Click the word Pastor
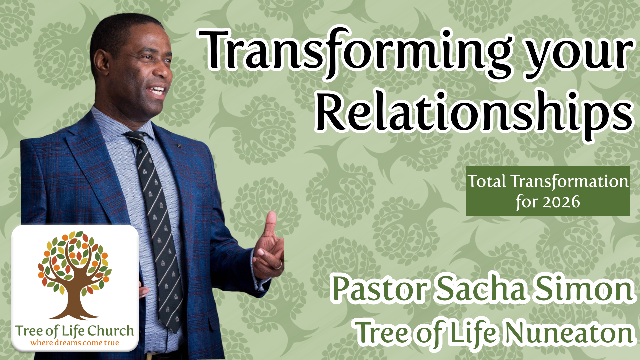click(x=380, y=289)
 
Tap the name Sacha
click(x=482, y=289)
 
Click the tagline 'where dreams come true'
click(x=75, y=343)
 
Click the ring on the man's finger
click(x=279, y=265)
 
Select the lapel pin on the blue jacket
click(x=179, y=146)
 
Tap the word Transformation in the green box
click(x=570, y=181)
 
